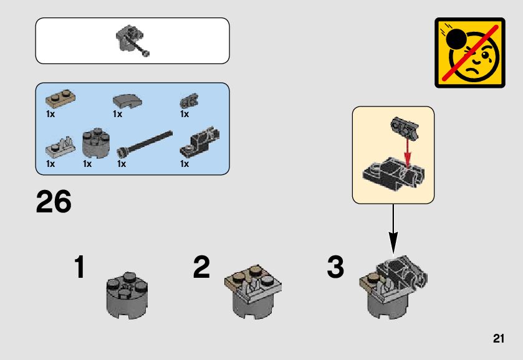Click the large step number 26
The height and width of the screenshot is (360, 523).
[54, 202]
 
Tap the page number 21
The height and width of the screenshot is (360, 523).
[497, 339]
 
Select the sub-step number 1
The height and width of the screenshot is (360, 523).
[79, 268]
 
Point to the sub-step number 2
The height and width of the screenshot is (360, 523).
[201, 268]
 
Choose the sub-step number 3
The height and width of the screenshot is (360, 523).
[335, 268]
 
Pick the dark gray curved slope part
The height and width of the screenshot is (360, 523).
[127, 101]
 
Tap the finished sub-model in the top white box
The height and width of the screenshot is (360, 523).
[132, 41]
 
